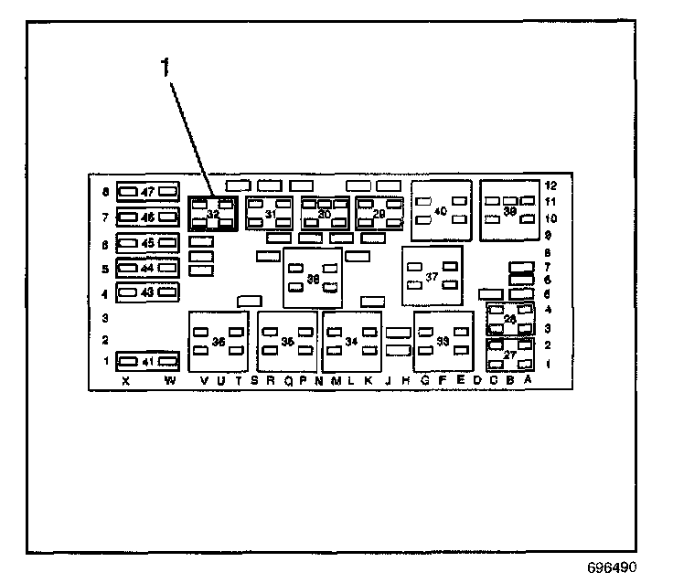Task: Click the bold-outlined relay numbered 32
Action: pos(212,214)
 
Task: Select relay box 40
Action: pos(440,210)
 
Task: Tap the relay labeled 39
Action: pos(509,209)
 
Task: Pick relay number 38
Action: pos(313,279)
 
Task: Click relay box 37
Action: pos(432,276)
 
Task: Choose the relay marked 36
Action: pos(219,341)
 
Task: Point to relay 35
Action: pos(287,341)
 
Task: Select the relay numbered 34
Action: pos(351,341)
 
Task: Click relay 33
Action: pos(443,341)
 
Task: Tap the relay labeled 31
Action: pos(269,214)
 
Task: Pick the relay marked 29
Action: pos(379,214)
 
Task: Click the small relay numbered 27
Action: pos(510,356)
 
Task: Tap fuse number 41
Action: pos(147,361)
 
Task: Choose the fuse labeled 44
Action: pos(147,269)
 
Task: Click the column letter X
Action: pos(125,381)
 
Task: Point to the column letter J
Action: pos(388,381)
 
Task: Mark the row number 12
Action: pos(551,185)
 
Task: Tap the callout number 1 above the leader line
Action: pos(166,67)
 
